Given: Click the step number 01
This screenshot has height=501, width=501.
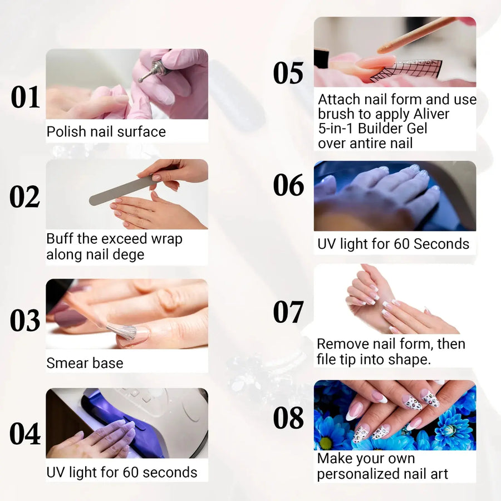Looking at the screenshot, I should click(x=26, y=97).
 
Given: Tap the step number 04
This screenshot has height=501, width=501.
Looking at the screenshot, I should click(x=26, y=434).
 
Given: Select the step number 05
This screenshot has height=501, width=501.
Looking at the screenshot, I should click(x=288, y=73).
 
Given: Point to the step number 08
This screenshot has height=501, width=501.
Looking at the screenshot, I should click(x=288, y=418).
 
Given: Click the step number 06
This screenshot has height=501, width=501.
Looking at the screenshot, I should click(x=288, y=185).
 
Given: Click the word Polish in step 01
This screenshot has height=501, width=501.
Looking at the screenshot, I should click(x=66, y=132).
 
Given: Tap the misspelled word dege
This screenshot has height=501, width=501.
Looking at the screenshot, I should click(x=131, y=254).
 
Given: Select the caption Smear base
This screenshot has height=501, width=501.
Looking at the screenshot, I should click(x=85, y=363).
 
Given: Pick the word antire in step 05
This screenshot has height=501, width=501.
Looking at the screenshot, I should click(x=362, y=143).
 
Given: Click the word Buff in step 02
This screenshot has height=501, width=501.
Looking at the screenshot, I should click(x=60, y=239).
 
